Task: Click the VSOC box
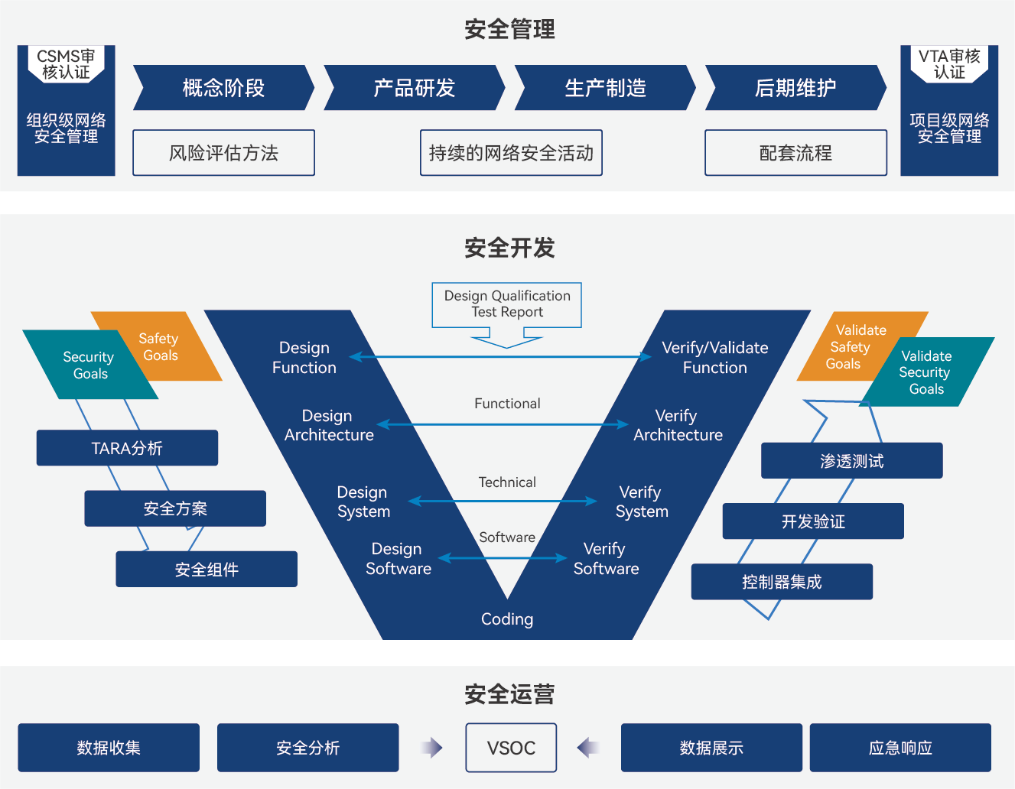tap(511, 748)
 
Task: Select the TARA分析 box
tap(127, 448)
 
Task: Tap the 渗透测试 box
tap(851, 461)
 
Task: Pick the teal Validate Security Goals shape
tap(927, 372)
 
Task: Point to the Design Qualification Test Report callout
tap(506, 304)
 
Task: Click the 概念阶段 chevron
tap(223, 88)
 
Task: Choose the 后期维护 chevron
tap(795, 88)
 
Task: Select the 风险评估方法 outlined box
tap(223, 153)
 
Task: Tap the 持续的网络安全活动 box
tap(511, 153)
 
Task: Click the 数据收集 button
tap(109, 748)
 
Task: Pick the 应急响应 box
tap(900, 748)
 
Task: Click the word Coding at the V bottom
tap(507, 619)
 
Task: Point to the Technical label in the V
tap(507, 482)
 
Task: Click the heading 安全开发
tap(509, 248)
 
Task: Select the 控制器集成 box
tap(782, 582)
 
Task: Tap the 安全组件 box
tap(207, 570)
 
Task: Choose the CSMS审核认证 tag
tap(66, 64)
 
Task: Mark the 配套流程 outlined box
tap(795, 153)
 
